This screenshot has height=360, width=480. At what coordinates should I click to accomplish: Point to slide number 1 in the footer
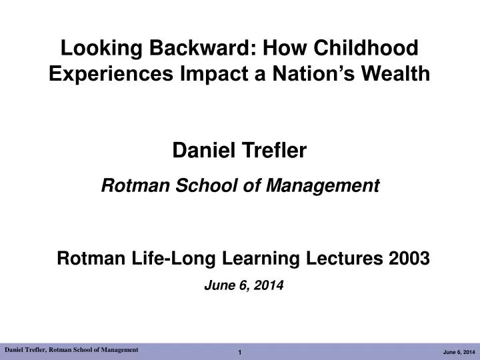(x=240, y=351)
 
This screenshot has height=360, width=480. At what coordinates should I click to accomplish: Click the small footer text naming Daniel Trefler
(x=71, y=349)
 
